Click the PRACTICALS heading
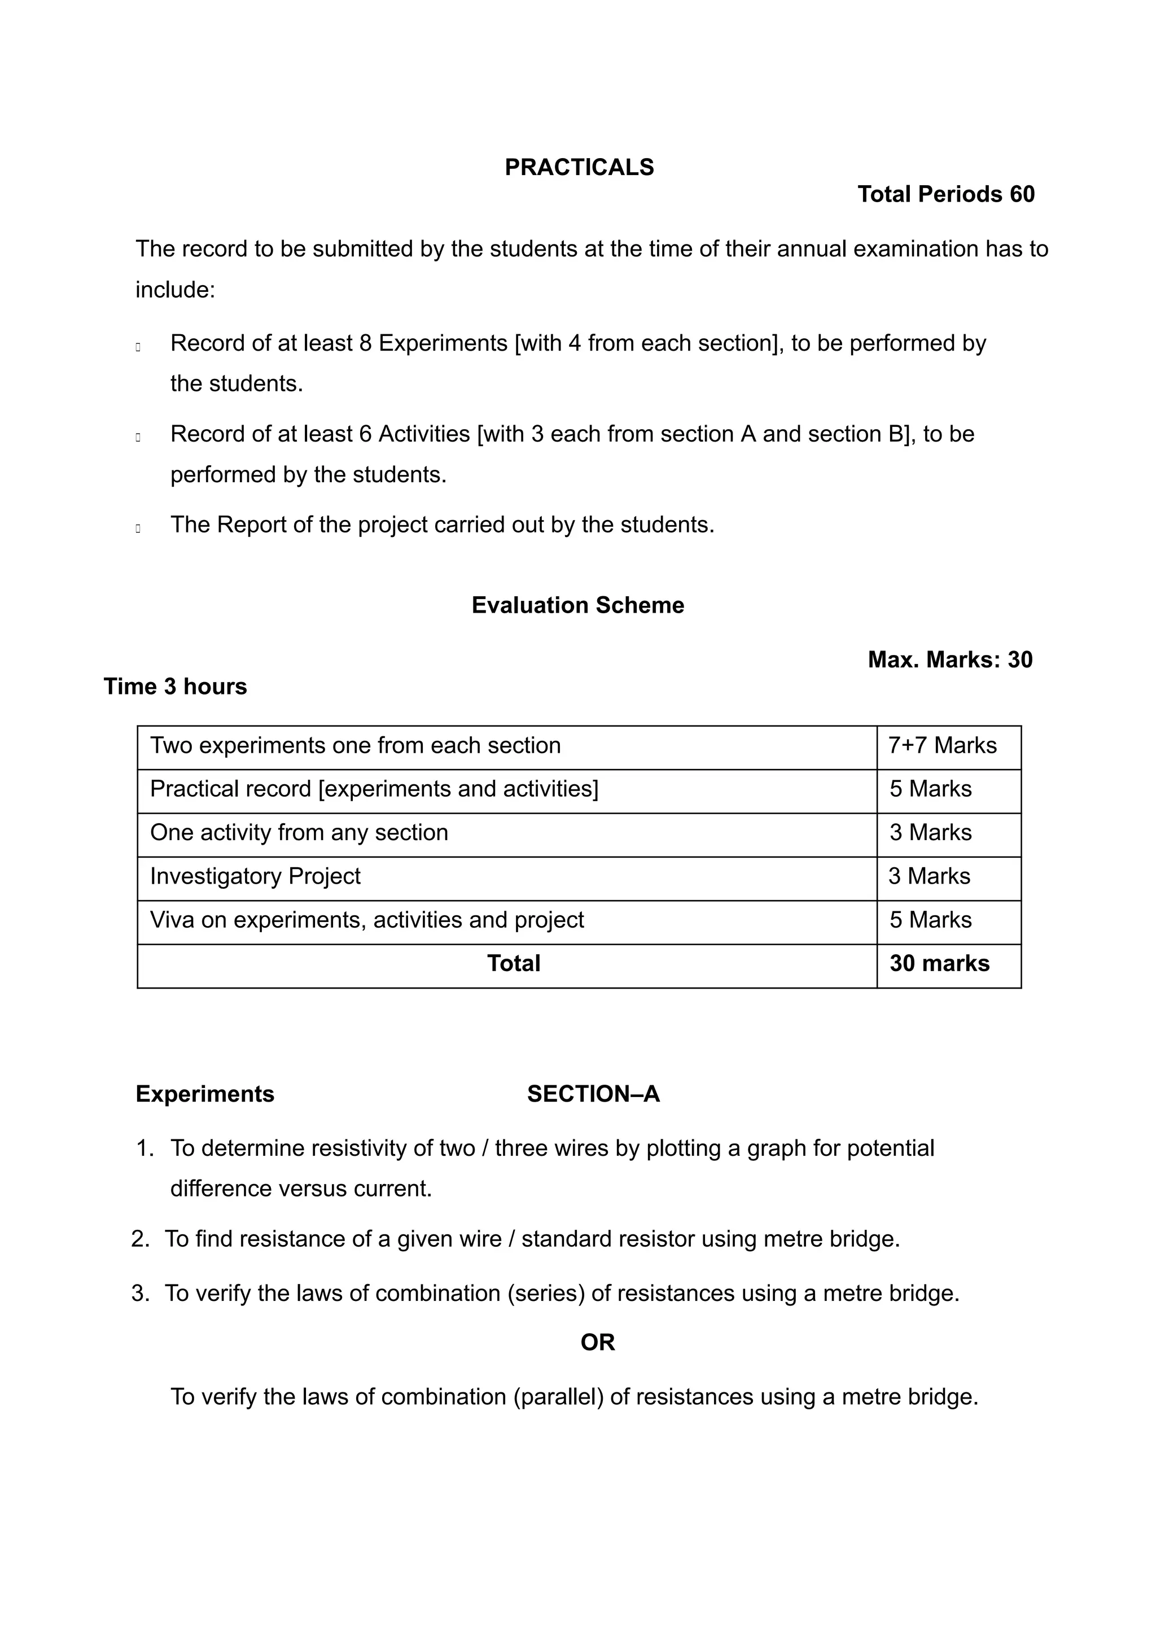[579, 167]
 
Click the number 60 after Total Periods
[1021, 194]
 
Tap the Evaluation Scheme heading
[577, 605]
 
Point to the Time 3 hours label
[176, 686]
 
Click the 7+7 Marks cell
[942, 745]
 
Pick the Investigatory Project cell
[255, 876]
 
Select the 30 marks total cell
[939, 964]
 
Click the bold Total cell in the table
[514, 964]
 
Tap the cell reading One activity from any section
[299, 833]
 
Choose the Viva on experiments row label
[366, 920]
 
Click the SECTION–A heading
[593, 1094]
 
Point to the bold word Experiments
[205, 1094]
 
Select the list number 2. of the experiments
[140, 1239]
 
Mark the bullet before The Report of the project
[138, 528]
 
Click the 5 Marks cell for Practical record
[930, 789]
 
